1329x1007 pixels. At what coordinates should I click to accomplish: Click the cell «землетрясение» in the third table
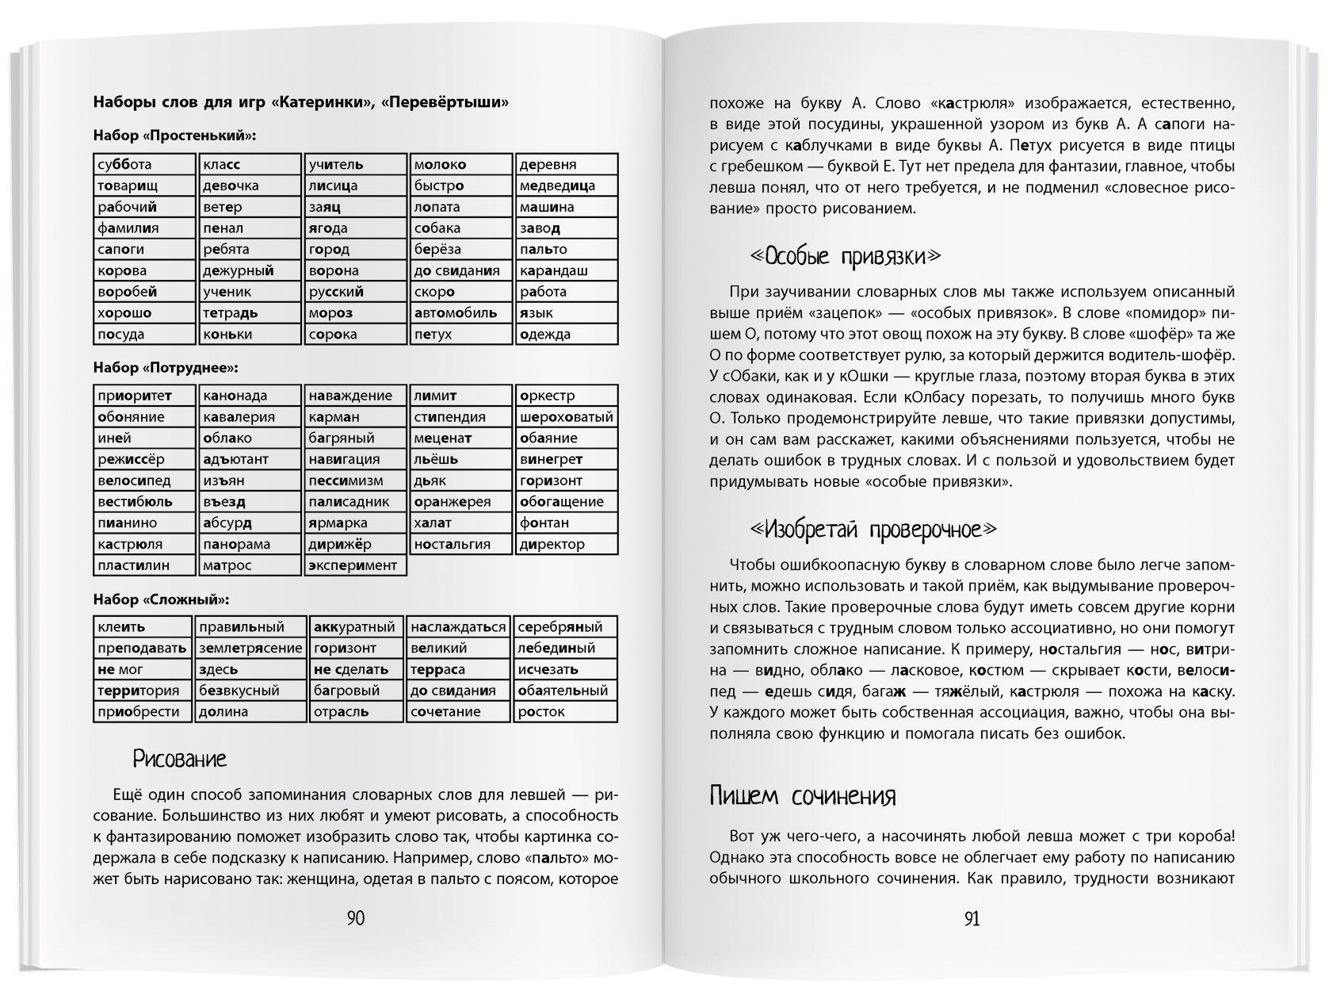[250, 649]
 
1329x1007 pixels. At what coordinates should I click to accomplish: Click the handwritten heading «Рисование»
[180, 760]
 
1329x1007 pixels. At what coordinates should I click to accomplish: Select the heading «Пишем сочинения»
[803, 796]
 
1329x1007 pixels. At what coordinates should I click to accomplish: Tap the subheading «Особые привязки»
[845, 257]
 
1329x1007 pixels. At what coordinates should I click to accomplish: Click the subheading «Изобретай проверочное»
[873, 529]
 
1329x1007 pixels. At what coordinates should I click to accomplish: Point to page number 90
[356, 919]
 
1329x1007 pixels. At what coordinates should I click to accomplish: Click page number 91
[972, 919]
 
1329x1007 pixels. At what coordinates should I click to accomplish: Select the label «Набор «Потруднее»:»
[166, 368]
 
